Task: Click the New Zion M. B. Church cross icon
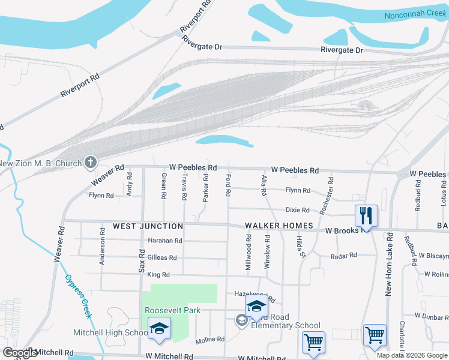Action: (91, 163)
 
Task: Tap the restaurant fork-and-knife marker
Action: (366, 215)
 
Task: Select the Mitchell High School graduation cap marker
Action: (160, 329)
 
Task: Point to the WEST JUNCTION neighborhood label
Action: (148, 226)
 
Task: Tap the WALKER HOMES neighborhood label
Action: (279, 226)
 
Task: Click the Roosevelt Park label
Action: (172, 310)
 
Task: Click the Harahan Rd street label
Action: (164, 241)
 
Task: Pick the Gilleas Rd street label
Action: (161, 257)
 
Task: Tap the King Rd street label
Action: (158, 275)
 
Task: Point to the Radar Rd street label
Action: (344, 255)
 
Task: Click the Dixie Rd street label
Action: (297, 210)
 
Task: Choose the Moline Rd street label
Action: (209, 340)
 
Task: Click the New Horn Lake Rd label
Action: (389, 264)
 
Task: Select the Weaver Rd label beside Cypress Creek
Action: (59, 243)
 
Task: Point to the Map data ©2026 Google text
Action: (411, 355)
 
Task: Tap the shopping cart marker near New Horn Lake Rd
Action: (375, 335)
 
